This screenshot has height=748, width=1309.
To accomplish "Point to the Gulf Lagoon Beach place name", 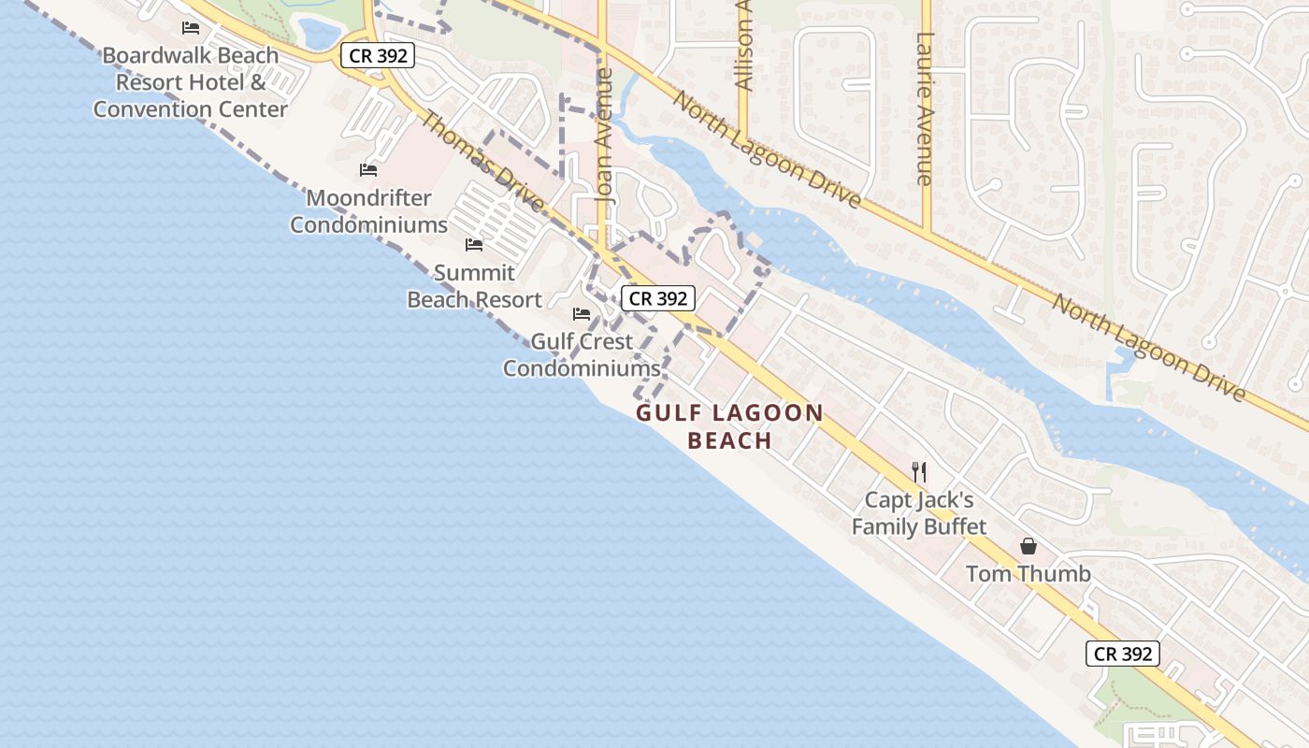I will pos(729,426).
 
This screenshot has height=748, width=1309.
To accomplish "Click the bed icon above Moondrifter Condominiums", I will pos(368,170).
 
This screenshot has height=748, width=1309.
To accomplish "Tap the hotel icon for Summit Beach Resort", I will pos(474,245).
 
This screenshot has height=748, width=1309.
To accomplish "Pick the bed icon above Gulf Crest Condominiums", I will pos(582,314).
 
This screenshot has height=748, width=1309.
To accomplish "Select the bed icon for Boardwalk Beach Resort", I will pos(191,27).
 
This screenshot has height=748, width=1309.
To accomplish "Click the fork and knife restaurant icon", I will pos(919,472).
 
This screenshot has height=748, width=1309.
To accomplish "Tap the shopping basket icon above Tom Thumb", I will pos(1028,546).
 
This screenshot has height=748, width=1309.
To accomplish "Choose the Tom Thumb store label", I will pos(1028,573).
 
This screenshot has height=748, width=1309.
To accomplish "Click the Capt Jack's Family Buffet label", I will pos(919,513).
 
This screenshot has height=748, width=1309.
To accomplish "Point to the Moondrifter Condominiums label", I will pos(369,211).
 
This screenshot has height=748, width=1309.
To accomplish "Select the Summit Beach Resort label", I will pos(474,286).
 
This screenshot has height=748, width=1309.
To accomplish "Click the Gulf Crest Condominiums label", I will pos(582,355).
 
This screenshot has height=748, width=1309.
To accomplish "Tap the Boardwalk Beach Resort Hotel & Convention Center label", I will pos(191,82).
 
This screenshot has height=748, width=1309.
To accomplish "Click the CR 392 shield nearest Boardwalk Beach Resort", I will pos(377,55).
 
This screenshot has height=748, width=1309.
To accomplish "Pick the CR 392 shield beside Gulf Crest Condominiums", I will pos(658,298).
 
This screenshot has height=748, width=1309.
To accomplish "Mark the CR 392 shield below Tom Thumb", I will pos(1122,654).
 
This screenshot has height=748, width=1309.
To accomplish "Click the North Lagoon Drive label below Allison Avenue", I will pos(766,150).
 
